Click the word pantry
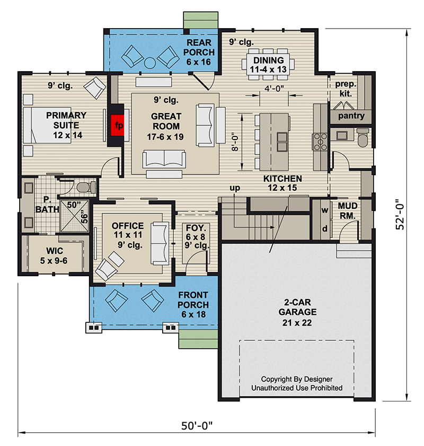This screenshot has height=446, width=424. point(350,116)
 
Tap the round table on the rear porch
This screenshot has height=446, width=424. point(150,62)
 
